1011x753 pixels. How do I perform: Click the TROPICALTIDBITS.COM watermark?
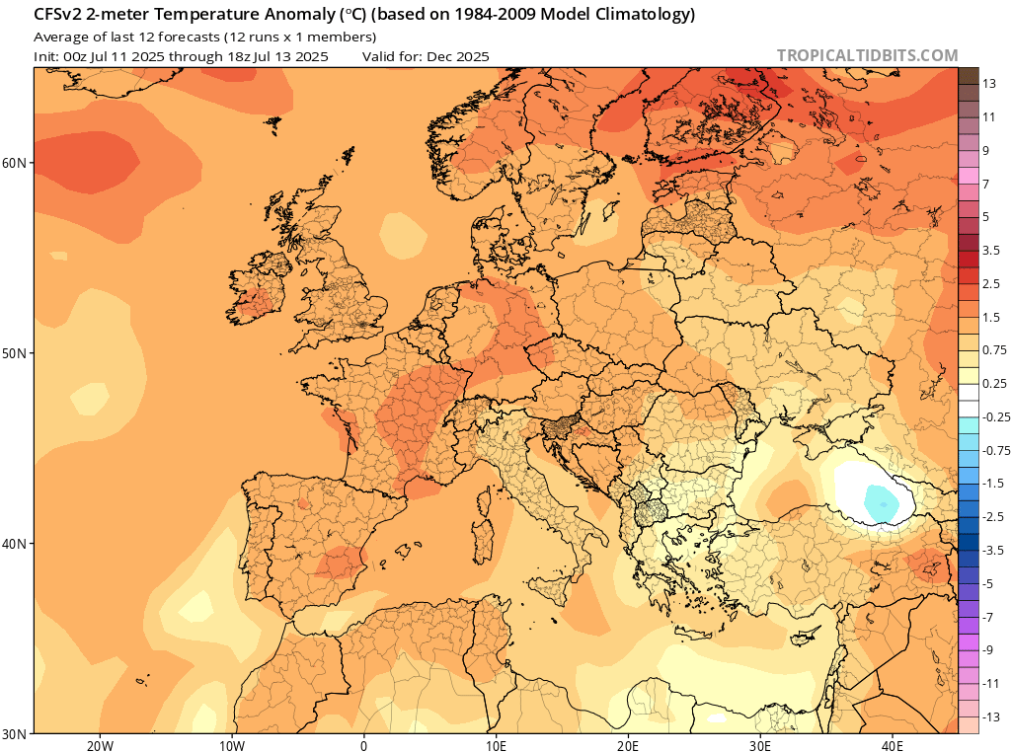pos(867,56)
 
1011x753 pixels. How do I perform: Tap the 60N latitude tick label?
pos(17,162)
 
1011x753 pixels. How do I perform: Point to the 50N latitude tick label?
pos(17,353)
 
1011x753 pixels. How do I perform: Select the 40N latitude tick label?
pos(17,544)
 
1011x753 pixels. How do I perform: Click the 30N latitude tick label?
pos(17,733)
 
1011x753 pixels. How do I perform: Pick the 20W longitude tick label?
pos(99,745)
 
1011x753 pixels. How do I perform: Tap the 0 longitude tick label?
pos(363,745)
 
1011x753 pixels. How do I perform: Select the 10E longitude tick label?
pos(496,745)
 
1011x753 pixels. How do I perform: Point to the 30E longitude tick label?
pos(760,745)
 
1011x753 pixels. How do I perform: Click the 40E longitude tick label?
pos(893,745)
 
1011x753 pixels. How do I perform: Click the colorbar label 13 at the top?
pos(989,85)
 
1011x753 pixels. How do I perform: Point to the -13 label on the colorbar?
pos(992,716)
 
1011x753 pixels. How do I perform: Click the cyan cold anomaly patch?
pos(881,502)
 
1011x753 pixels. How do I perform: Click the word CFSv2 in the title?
pos(60,15)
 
